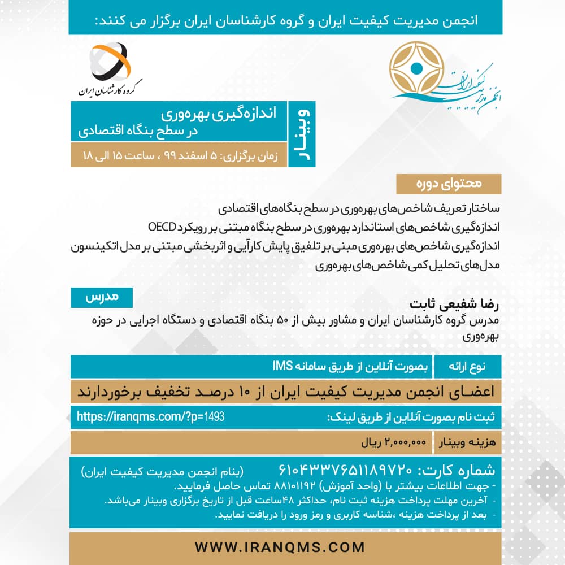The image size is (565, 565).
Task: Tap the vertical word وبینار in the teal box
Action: click(x=302, y=134)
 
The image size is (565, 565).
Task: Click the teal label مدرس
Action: click(x=102, y=297)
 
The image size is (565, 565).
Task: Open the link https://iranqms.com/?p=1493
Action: click(x=150, y=417)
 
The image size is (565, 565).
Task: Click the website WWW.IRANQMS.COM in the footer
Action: click(x=280, y=547)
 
